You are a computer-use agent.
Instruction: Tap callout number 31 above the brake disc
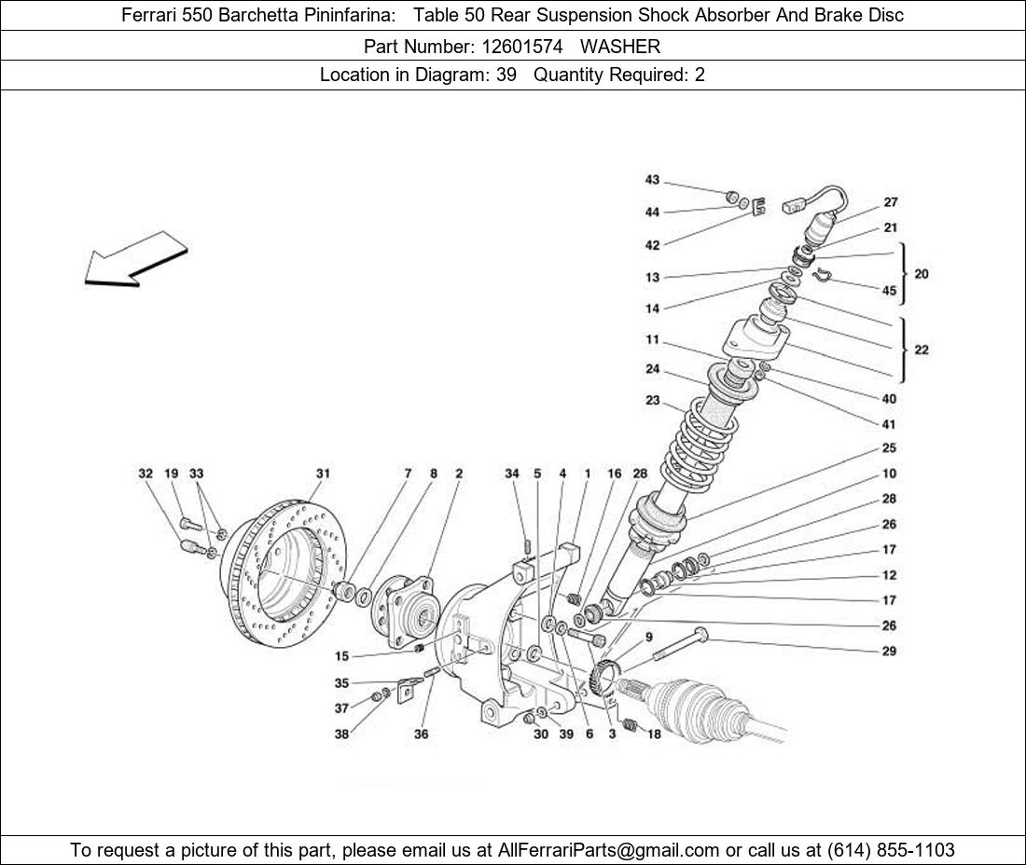pos(323,474)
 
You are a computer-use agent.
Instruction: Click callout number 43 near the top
pos(652,180)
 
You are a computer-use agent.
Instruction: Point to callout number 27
pos(890,202)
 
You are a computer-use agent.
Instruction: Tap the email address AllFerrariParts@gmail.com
pos(609,849)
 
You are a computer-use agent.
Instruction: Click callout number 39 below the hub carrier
pos(567,735)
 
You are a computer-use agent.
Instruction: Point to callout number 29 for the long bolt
pos(889,651)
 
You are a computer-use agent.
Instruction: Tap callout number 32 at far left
pos(146,474)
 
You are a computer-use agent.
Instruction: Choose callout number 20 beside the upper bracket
pos(921,274)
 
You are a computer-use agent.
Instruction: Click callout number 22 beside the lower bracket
pos(921,350)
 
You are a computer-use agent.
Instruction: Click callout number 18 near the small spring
pos(654,735)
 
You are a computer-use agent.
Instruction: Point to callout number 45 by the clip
pos(889,291)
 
